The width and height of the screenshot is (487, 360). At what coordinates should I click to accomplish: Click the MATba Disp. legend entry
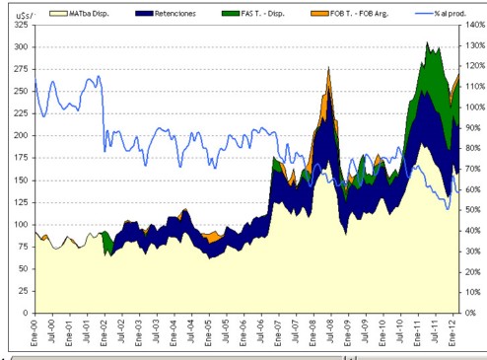coord(79,14)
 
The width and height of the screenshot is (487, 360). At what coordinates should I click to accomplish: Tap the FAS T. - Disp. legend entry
coord(253,14)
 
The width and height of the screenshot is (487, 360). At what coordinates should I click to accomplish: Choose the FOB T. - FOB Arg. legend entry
coord(350,14)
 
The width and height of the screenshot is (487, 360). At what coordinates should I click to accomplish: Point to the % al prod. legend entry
coord(441,14)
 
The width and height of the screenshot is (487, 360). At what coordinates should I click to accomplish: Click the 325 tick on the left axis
coord(21,25)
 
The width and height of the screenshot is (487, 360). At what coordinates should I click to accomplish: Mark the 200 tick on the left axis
coord(21,135)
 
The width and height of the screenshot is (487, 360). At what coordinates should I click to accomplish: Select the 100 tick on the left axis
coord(21,224)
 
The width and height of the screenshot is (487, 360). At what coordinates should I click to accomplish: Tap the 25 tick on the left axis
coord(23,291)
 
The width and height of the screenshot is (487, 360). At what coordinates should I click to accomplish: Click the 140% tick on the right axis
coord(475,25)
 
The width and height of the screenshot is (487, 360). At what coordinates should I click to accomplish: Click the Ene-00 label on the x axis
coord(35,332)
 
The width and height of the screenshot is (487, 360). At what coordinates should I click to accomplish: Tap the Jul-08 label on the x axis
coord(331,331)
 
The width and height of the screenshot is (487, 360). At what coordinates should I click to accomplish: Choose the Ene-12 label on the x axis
coord(452,332)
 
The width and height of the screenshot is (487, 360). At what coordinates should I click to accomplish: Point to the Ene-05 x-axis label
coord(209,332)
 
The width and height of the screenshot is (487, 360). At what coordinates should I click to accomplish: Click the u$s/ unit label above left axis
coord(26,15)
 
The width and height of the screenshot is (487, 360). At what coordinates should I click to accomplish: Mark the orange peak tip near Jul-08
coord(328,67)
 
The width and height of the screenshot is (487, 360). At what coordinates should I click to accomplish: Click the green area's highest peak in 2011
coord(427,41)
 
